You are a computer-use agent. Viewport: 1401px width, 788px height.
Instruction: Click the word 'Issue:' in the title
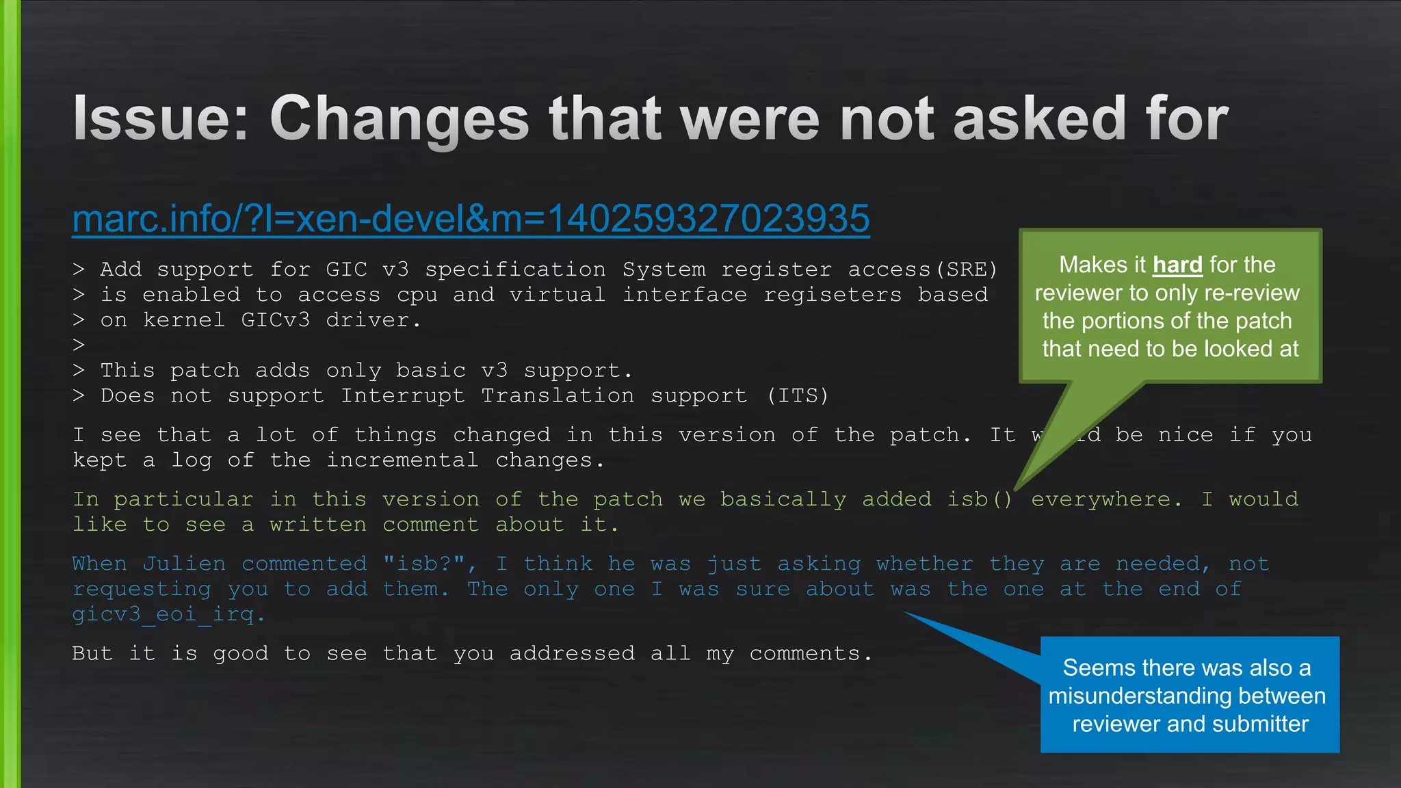(x=161, y=119)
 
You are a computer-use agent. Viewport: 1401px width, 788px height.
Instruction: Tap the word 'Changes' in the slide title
(x=400, y=120)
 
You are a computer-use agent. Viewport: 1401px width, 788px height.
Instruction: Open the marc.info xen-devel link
(x=471, y=219)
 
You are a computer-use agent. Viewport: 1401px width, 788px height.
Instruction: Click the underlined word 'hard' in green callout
(x=1177, y=265)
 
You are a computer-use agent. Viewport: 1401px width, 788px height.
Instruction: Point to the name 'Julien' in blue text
(x=184, y=564)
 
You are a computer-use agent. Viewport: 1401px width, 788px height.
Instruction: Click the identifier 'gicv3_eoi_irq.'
(x=168, y=614)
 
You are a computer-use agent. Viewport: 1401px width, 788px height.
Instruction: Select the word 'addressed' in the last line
(x=572, y=653)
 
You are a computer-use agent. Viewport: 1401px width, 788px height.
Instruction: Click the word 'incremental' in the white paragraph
(x=402, y=460)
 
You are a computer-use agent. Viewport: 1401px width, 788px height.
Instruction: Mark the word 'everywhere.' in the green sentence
(x=1106, y=499)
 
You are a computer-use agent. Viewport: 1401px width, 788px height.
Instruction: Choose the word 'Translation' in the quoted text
(x=558, y=396)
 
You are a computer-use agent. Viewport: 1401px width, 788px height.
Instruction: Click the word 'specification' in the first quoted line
(x=515, y=270)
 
